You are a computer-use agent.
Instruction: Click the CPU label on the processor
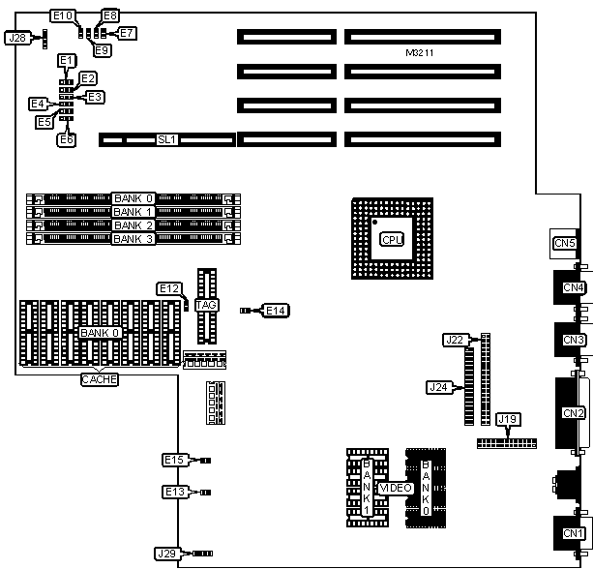pos(391,239)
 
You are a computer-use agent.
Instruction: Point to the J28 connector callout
pos(17,39)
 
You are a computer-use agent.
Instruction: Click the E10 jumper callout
pos(63,15)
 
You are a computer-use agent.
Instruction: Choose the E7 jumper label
pos(128,33)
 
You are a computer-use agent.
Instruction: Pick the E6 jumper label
pos(67,139)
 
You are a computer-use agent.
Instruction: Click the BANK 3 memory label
pos(133,238)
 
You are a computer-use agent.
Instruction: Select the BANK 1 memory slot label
pos(133,212)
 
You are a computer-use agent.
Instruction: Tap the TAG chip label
pos(206,306)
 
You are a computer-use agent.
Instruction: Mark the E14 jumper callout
pos(276,311)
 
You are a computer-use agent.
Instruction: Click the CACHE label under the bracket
pos(99,379)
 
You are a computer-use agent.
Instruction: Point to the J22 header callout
pos(455,340)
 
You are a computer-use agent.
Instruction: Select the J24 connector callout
pos(438,387)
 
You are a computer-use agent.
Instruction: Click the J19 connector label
pos(508,420)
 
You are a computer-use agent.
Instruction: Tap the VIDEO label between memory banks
pos(397,489)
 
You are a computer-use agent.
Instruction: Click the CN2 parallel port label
pos(574,413)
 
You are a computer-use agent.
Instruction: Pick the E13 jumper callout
pos(173,493)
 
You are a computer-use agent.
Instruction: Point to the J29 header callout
pos(166,554)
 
